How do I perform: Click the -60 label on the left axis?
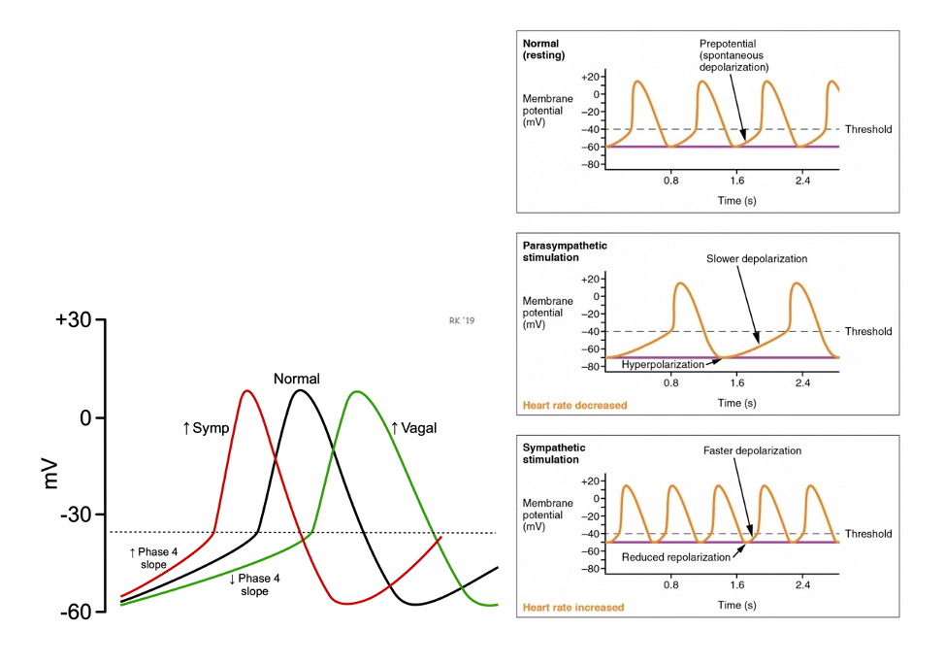75,612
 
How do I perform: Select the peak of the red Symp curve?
246,391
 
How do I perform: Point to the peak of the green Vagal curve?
358,392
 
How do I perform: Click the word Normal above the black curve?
296,379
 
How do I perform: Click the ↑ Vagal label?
413,427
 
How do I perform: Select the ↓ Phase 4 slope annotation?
254,584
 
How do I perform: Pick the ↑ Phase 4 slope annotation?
153,557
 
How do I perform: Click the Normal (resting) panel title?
543,50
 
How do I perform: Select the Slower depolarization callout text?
757,259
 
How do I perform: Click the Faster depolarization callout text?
753,451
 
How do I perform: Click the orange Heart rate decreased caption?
574,405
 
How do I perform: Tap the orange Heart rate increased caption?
573,607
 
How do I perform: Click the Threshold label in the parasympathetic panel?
867,332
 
